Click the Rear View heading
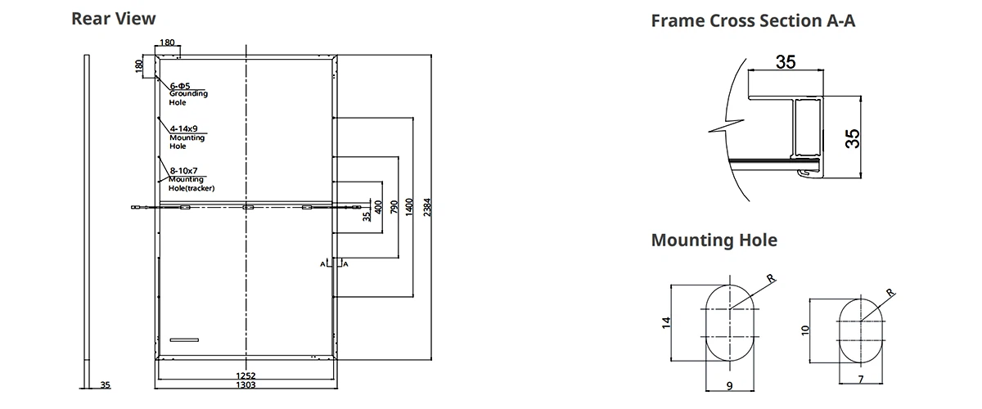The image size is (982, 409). click(x=114, y=19)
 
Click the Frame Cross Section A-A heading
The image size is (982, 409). click(x=753, y=21)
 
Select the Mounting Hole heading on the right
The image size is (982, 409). click(x=714, y=240)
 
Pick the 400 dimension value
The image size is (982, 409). click(x=378, y=209)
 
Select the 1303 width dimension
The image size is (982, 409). click(x=246, y=384)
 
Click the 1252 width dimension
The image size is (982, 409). click(x=246, y=375)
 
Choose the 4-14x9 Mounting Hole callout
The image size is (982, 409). click(x=187, y=137)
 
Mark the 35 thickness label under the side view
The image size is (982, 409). click(x=105, y=384)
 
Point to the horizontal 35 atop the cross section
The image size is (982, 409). click(x=786, y=62)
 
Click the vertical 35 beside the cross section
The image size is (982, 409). click(x=853, y=137)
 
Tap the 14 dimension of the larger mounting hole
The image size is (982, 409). click(x=666, y=321)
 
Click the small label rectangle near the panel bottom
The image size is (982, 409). click(x=185, y=339)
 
